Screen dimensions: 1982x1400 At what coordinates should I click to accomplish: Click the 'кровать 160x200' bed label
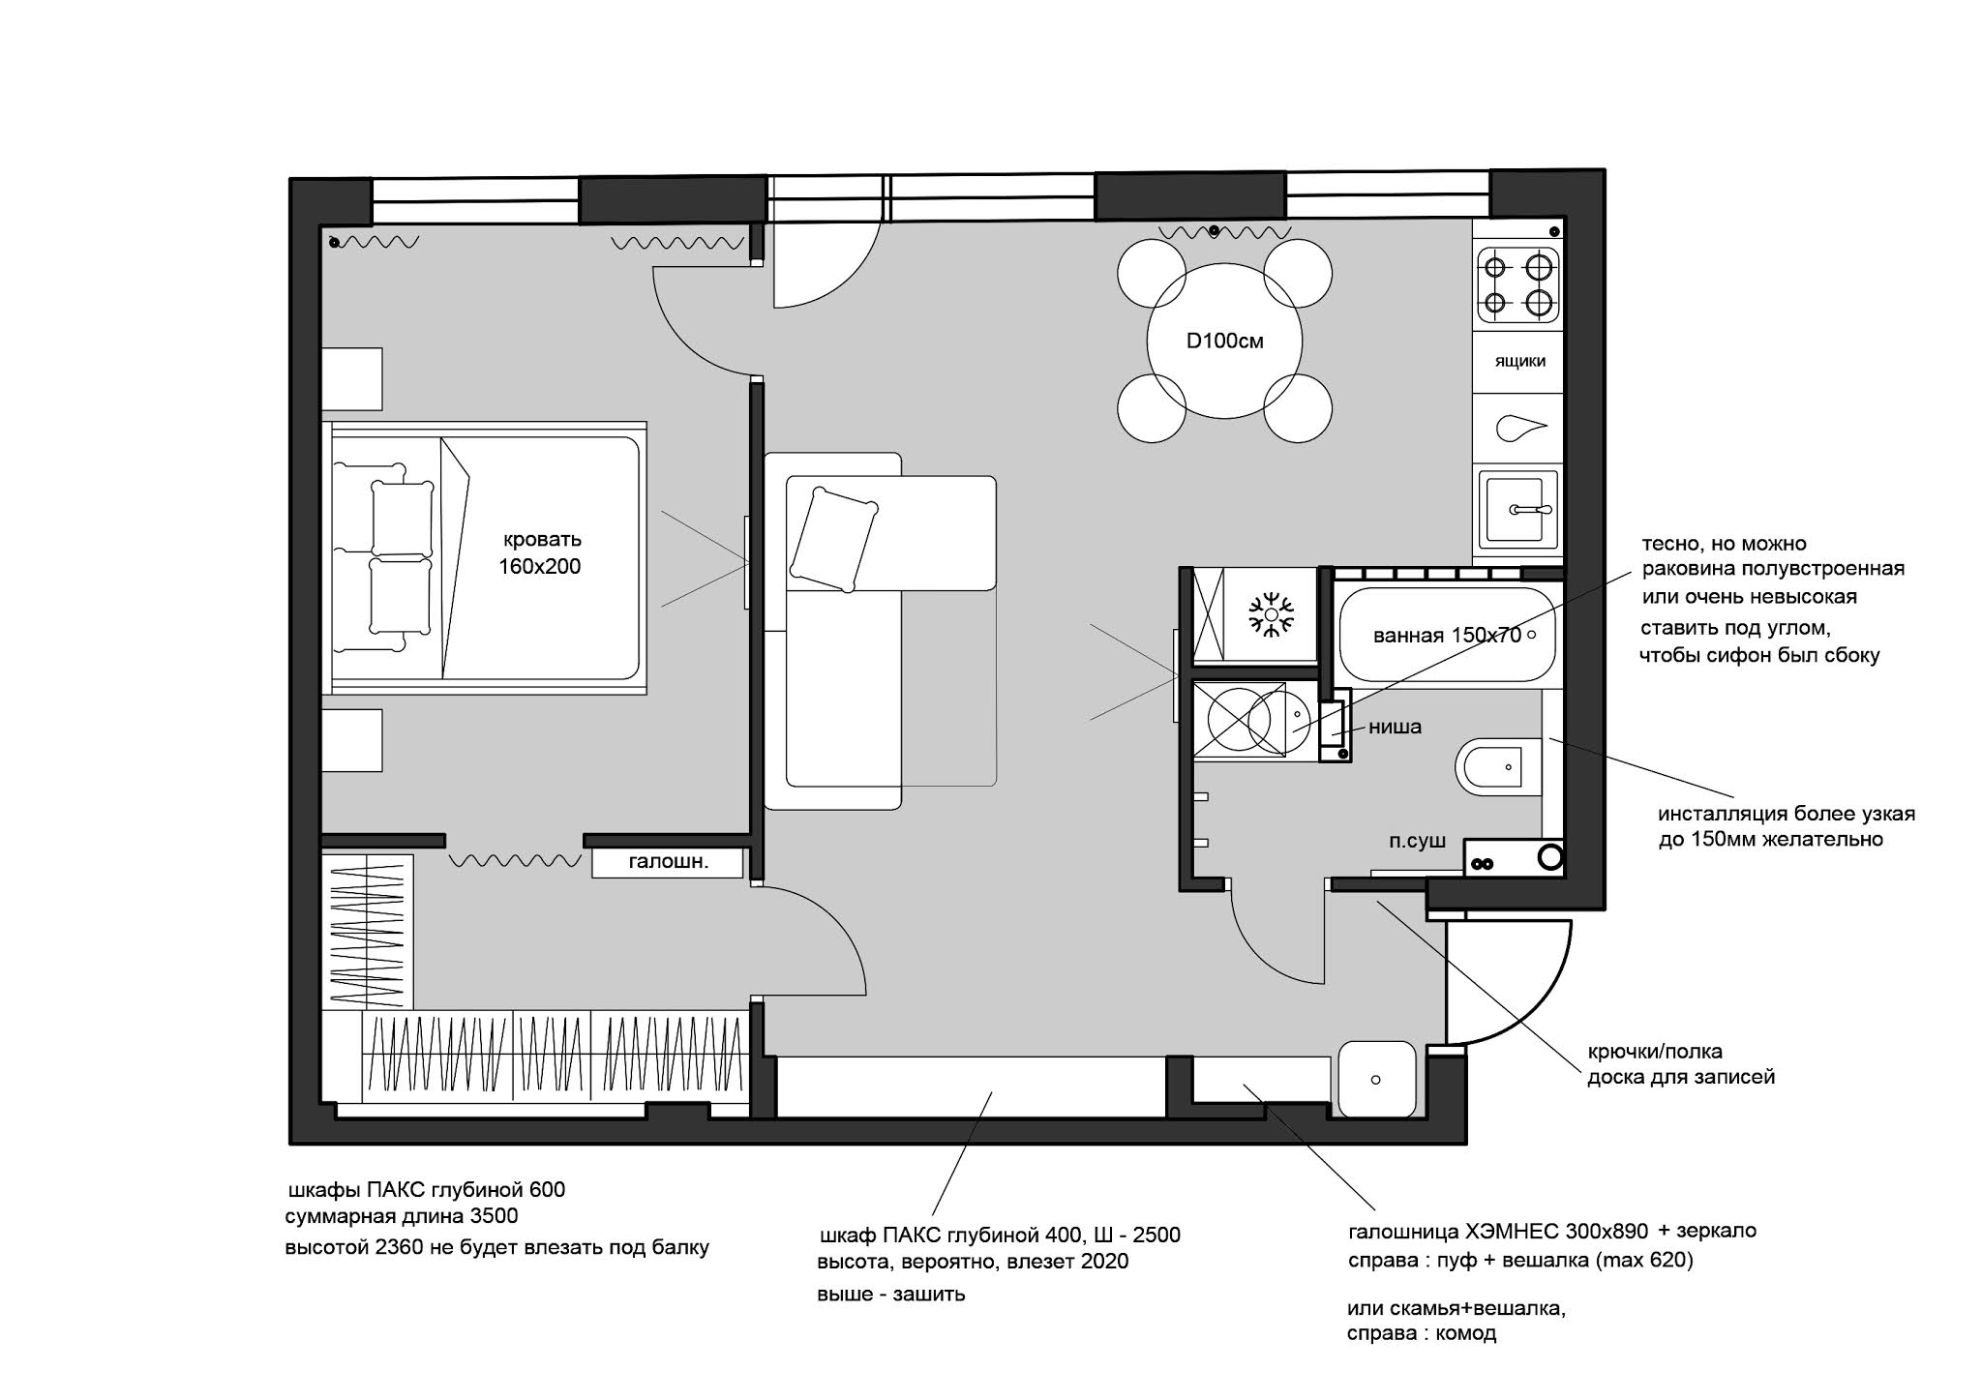click(x=540, y=552)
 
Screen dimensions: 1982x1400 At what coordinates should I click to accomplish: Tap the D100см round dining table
click(x=1224, y=341)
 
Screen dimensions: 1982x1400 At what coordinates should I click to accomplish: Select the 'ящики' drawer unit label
click(x=1519, y=361)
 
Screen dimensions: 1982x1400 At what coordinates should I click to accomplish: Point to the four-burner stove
click(x=1518, y=284)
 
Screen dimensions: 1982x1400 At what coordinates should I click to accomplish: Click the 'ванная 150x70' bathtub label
click(x=1447, y=636)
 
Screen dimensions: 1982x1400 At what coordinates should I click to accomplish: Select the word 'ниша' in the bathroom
click(x=1395, y=727)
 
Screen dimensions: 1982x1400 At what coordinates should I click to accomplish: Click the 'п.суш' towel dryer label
click(x=1417, y=841)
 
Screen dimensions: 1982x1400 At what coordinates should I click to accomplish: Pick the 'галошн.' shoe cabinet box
click(x=668, y=863)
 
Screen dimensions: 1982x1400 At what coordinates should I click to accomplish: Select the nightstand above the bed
click(x=351, y=379)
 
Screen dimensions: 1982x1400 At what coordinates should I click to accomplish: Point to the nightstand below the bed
click(x=351, y=740)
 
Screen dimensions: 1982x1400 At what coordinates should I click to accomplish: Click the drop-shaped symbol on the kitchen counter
click(x=1520, y=428)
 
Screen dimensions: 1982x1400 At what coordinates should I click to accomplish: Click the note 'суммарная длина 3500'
click(x=402, y=1216)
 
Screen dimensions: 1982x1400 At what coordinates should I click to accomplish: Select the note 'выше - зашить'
click(x=891, y=1294)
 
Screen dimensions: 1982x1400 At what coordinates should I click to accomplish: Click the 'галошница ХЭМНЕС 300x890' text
click(x=1498, y=1232)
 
